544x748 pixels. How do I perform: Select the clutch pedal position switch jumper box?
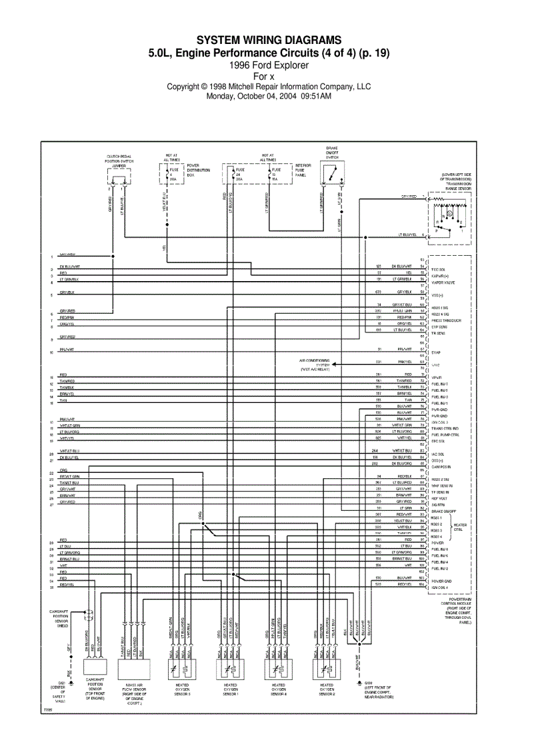click(x=119, y=177)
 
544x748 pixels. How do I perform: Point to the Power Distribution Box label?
click(x=199, y=170)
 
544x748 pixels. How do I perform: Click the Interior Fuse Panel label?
click(x=303, y=170)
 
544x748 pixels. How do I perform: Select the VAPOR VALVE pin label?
click(x=443, y=282)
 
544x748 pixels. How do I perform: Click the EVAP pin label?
click(x=437, y=352)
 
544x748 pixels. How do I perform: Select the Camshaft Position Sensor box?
click(x=95, y=667)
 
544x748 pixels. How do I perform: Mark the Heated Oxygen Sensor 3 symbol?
click(x=183, y=667)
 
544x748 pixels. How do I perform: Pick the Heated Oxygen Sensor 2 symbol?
click(x=327, y=667)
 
